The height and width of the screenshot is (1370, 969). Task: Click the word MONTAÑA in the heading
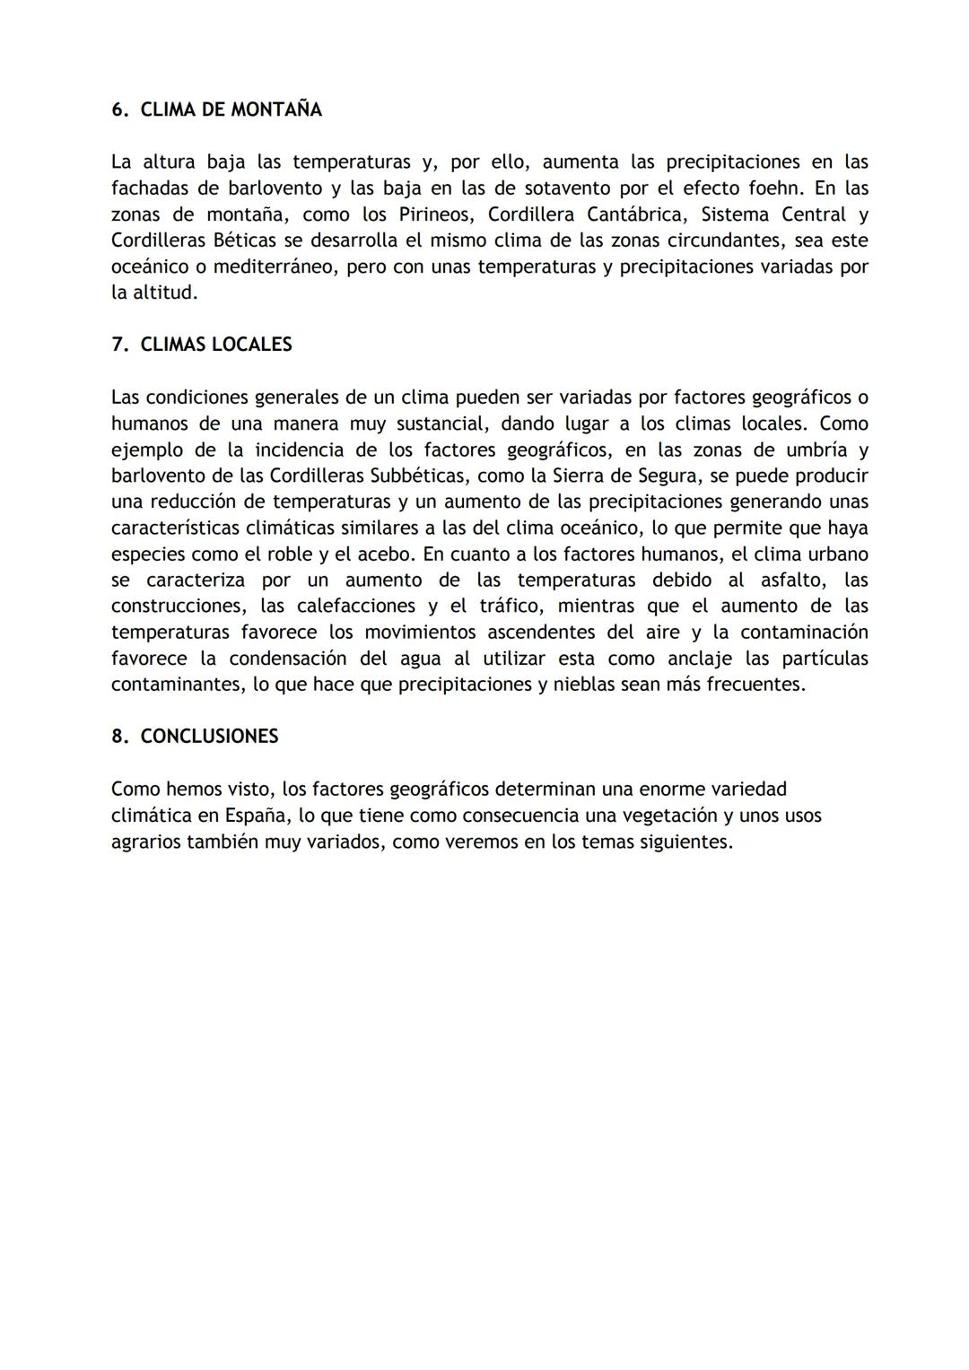coord(276,109)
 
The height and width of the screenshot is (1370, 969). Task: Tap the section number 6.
coord(118,109)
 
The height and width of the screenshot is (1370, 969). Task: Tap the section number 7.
coord(118,345)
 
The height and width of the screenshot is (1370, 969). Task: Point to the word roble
coord(290,554)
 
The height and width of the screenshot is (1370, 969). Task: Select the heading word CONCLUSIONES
coord(209,737)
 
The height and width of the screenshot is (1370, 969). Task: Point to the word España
coord(257,816)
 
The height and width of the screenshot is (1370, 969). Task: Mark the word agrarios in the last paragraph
coord(148,842)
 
